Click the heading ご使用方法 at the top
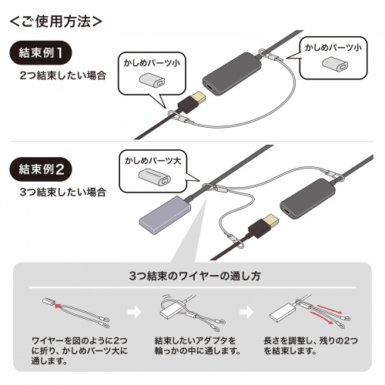point(55,21)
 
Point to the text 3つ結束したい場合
point(64,189)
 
